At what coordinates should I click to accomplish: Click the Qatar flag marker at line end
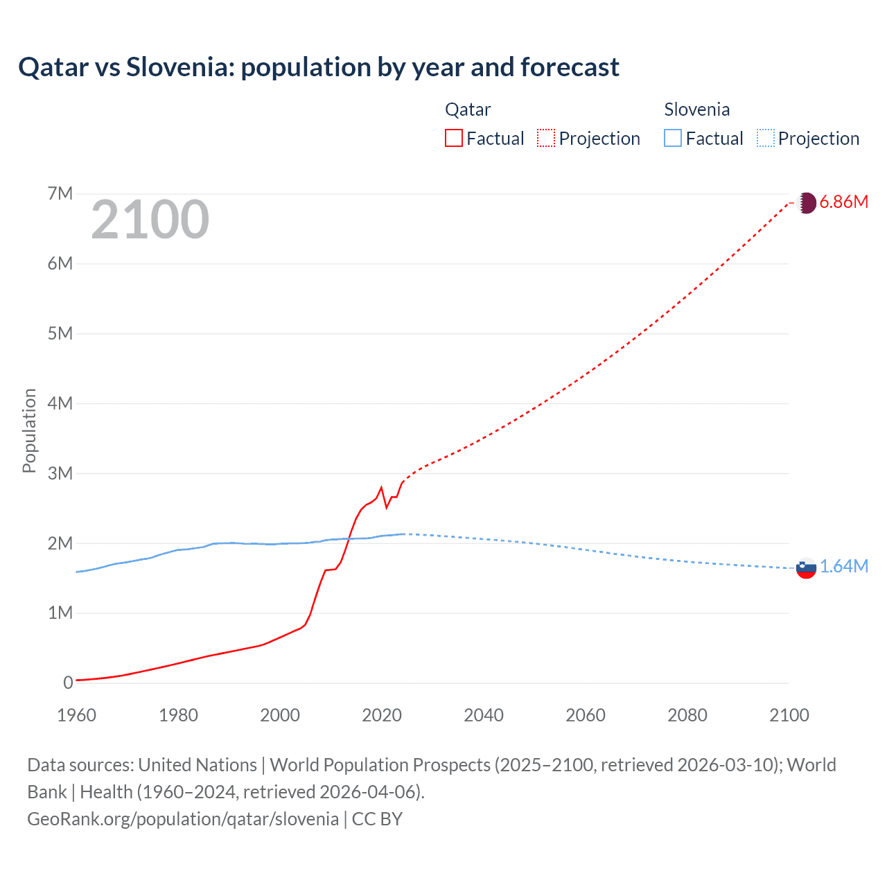(x=806, y=203)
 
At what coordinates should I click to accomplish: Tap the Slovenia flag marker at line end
(x=806, y=568)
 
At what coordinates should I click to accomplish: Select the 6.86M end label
(x=843, y=202)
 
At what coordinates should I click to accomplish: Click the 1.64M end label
(x=844, y=567)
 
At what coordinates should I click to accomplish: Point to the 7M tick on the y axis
(x=60, y=193)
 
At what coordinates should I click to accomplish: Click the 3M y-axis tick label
(x=60, y=473)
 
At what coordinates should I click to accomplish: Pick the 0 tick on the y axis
(x=68, y=683)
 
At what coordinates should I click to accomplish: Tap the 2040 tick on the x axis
(x=484, y=715)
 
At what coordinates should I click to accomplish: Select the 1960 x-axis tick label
(x=76, y=715)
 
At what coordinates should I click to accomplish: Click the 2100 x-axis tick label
(x=789, y=715)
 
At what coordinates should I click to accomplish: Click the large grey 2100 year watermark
(x=150, y=220)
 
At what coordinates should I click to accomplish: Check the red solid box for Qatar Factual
(x=453, y=138)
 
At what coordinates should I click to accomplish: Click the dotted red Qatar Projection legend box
(x=546, y=138)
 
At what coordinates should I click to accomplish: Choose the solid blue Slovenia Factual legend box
(x=673, y=138)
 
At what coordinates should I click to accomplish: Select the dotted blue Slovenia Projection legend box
(x=765, y=138)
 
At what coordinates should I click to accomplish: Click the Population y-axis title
(x=29, y=430)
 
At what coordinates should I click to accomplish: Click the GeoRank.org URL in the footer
(x=183, y=819)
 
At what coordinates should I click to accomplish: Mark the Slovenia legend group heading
(x=696, y=109)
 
